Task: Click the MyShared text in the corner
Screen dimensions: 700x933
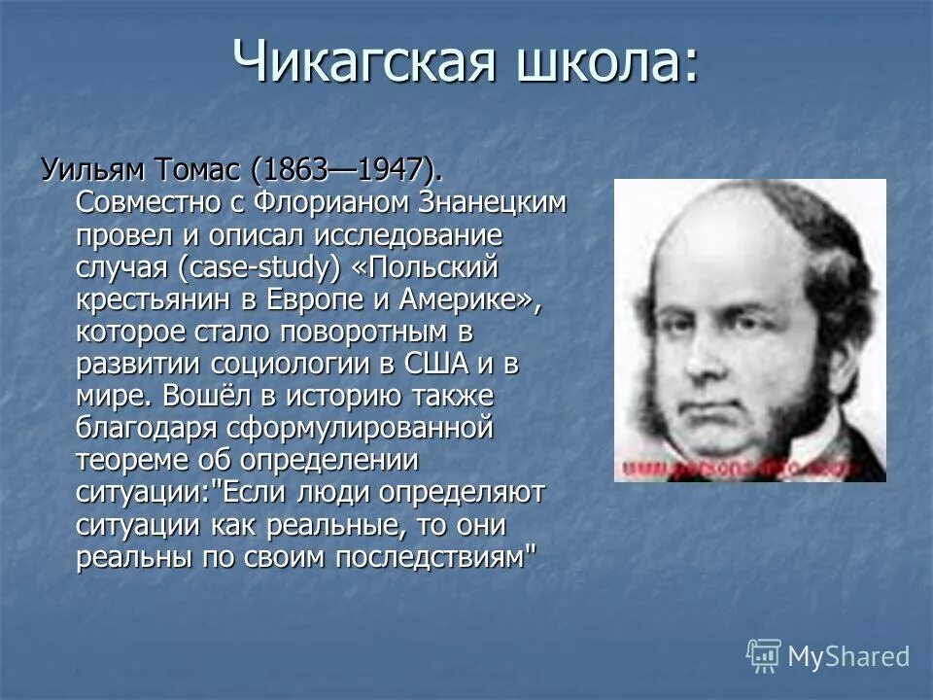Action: click(848, 656)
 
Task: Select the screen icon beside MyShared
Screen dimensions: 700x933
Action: click(764, 655)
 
